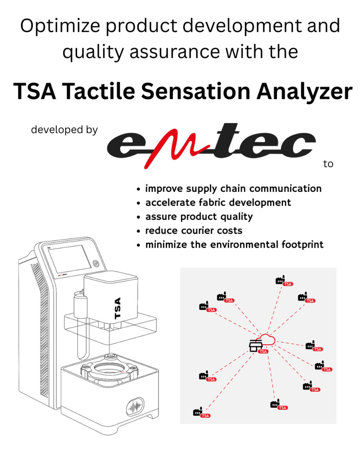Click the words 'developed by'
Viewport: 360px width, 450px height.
(x=64, y=130)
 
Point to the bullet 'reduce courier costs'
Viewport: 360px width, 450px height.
(x=194, y=230)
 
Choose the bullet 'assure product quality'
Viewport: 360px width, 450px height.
(x=199, y=216)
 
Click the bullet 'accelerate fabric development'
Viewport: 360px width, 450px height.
(x=218, y=202)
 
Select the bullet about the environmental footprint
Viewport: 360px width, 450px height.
(x=234, y=244)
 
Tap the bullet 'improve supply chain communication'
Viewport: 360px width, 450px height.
(x=233, y=188)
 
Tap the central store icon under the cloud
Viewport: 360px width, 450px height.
(x=254, y=346)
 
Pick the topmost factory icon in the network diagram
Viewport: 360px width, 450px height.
(x=281, y=280)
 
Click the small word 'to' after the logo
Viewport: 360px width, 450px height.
(x=328, y=164)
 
